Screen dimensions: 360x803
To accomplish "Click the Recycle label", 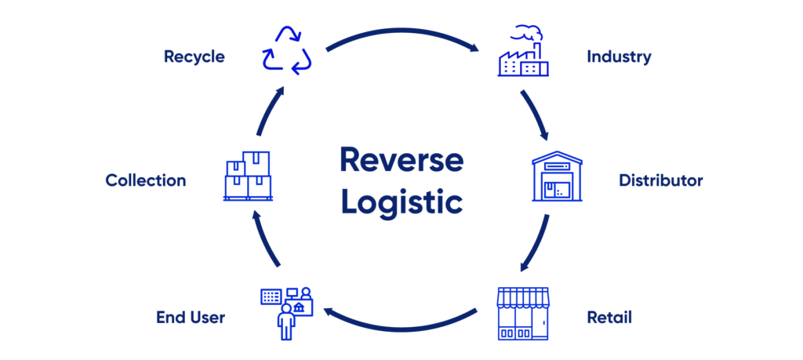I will (x=194, y=56).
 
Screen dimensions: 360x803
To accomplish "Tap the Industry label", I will (x=619, y=56).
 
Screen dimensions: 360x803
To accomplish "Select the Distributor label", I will (x=660, y=180).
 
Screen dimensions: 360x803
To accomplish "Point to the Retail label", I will (x=609, y=318).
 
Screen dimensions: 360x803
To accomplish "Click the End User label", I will (x=191, y=318).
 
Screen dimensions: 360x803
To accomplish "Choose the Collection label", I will (x=146, y=180).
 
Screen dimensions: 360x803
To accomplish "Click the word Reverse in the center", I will (x=401, y=160).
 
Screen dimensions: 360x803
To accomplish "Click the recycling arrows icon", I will (x=287, y=52).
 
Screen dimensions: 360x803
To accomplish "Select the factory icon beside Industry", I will (x=523, y=52).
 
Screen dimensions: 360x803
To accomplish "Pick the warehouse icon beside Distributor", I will (x=558, y=176).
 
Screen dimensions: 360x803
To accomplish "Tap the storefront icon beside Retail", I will (x=524, y=313).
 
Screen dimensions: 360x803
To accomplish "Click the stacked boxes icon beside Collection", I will (x=247, y=176).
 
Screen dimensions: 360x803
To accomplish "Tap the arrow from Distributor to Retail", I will (x=538, y=245).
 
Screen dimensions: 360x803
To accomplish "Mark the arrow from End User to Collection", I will (x=265, y=245).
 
